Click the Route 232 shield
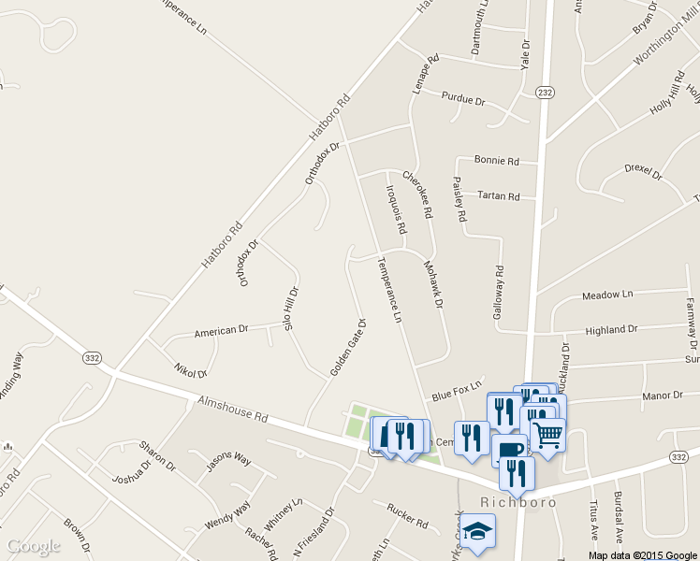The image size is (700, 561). click(545, 92)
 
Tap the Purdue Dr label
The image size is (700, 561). click(464, 99)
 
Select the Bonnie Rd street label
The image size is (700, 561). click(496, 161)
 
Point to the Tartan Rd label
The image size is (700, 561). click(498, 196)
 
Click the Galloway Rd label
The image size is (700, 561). click(499, 294)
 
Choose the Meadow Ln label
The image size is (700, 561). click(607, 295)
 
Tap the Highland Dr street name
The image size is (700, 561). click(611, 330)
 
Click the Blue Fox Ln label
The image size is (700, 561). click(457, 390)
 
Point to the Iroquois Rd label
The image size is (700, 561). click(396, 208)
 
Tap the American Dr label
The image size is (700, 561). click(221, 331)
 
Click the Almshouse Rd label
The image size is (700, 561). click(232, 410)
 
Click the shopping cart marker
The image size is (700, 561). click(547, 433)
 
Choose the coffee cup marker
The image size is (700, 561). click(509, 450)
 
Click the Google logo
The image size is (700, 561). click(34, 546)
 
